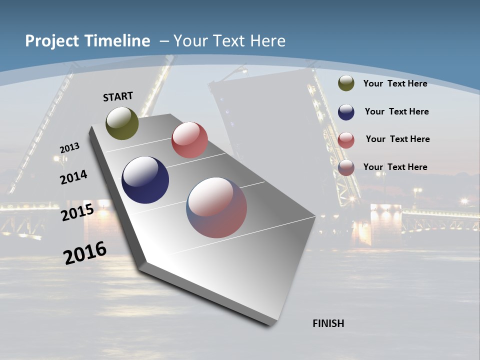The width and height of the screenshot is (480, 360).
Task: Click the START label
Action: click(x=118, y=96)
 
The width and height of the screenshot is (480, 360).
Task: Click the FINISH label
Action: click(x=328, y=323)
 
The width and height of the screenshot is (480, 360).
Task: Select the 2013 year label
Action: click(x=69, y=148)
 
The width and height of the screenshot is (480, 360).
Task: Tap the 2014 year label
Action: click(x=73, y=177)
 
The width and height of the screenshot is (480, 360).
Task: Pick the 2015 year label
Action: click(x=77, y=212)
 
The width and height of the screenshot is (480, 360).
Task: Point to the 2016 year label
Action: click(x=84, y=253)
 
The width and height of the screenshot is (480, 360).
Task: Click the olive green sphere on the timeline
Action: click(x=122, y=123)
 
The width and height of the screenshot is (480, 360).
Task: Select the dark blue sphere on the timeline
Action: click(x=145, y=180)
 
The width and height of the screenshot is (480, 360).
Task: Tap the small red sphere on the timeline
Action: click(x=189, y=140)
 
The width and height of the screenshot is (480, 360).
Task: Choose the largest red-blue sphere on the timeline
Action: click(x=216, y=207)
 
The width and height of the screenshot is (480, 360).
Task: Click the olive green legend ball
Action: click(x=346, y=83)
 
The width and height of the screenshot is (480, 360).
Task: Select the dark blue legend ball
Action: click(x=346, y=111)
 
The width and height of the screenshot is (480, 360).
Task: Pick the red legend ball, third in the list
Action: click(x=346, y=139)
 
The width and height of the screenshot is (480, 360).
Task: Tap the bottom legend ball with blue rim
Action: click(x=346, y=167)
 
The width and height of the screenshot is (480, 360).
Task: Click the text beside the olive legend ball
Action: click(x=395, y=83)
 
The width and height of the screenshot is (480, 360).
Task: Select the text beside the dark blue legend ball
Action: click(x=396, y=111)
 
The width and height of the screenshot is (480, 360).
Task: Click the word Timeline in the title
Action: click(x=117, y=41)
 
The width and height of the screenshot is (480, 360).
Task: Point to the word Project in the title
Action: click(x=51, y=41)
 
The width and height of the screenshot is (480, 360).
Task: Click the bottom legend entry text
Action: click(x=395, y=167)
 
